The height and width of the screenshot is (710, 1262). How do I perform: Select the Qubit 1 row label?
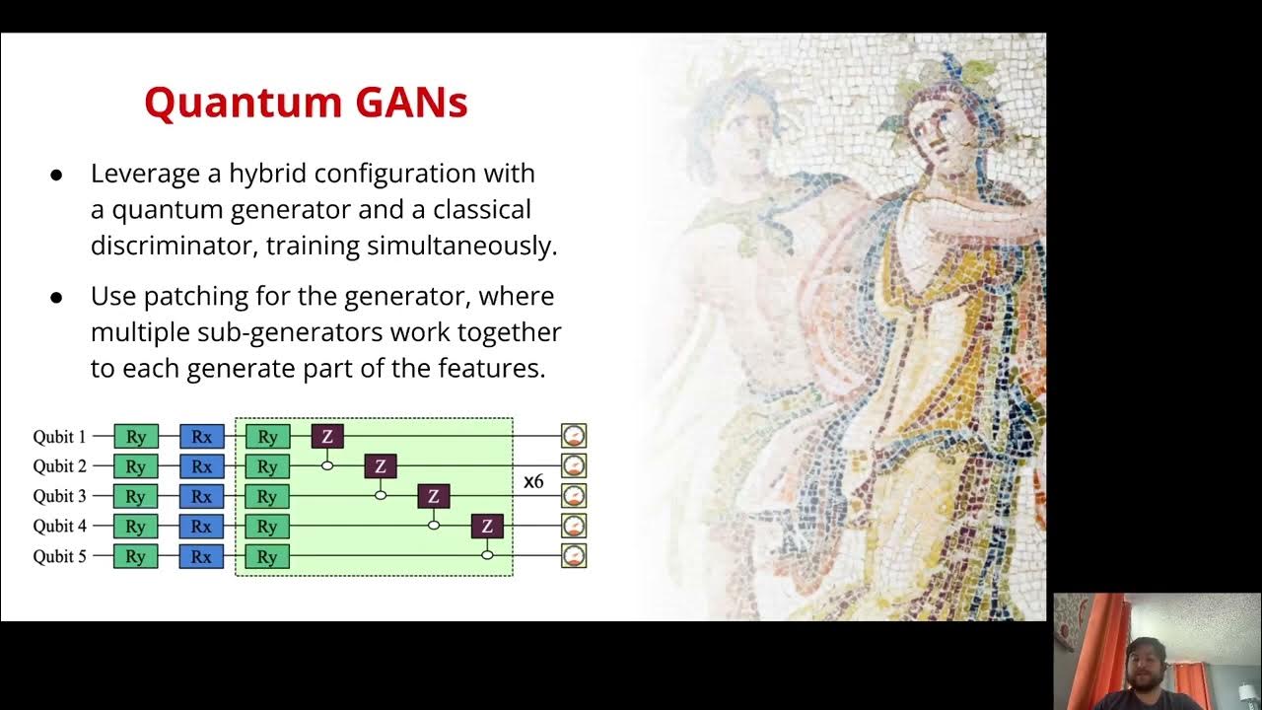tap(60, 436)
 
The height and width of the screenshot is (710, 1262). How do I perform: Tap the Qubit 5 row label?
tap(60, 556)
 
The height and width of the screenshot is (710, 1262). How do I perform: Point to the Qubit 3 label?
tap(60, 496)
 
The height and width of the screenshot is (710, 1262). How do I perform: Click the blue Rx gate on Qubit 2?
tap(201, 465)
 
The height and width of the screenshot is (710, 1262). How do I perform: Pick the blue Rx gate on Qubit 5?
tap(201, 556)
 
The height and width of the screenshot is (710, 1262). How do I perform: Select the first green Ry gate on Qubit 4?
tap(136, 526)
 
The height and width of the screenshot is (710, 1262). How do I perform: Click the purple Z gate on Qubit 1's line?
tap(327, 436)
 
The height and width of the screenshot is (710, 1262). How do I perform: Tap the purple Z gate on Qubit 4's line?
tap(487, 527)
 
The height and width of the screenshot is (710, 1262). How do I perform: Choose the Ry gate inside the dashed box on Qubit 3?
tap(267, 496)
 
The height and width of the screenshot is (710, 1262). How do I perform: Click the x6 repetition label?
tap(533, 482)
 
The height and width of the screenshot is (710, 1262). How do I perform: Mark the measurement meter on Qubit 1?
tap(574, 435)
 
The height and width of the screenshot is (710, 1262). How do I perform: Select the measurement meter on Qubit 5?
tap(574, 556)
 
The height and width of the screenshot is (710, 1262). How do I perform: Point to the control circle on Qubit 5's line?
tap(487, 556)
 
